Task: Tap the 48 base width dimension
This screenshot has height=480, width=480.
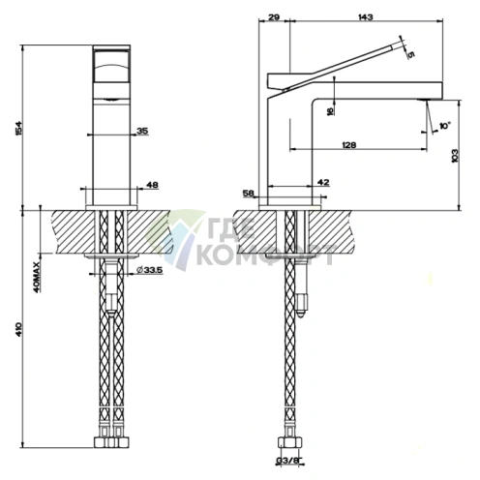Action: (x=151, y=185)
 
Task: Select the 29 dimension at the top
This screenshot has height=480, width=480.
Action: (x=274, y=17)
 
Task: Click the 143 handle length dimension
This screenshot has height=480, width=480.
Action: (x=366, y=17)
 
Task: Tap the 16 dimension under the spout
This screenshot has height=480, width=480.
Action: (x=331, y=111)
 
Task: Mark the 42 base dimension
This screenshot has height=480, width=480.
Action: (x=323, y=182)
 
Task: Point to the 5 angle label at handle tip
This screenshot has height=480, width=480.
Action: (x=410, y=55)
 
